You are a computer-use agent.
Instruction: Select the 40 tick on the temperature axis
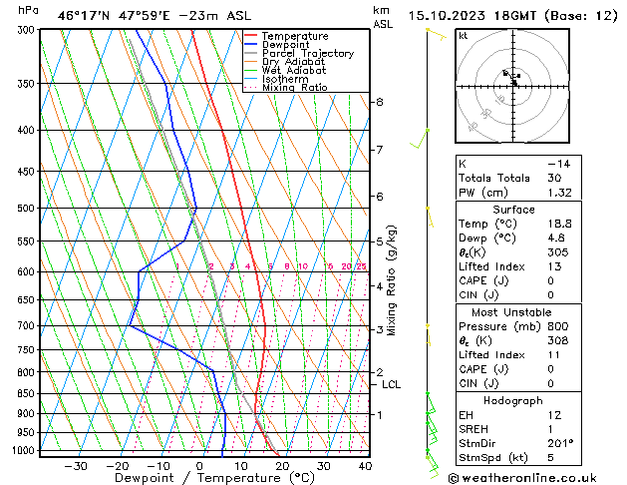coord(365,465)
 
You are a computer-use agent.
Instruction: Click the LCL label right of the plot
coord(391,384)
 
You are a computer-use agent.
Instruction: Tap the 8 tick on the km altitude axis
coord(380,102)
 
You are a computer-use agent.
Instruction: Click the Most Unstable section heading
coord(513,311)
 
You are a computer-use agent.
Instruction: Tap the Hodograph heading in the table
coord(513,399)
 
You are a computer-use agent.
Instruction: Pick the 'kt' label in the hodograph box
coord(463,35)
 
